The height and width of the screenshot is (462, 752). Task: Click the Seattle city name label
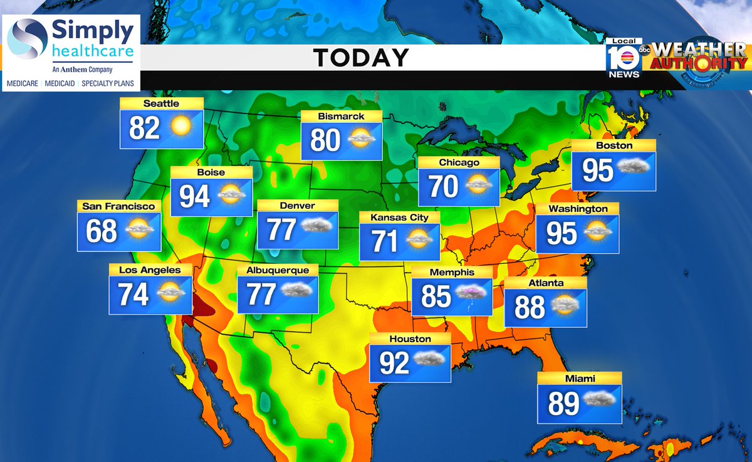161,103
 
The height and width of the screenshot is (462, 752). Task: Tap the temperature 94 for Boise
194,197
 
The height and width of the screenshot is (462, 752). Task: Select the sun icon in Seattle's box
180,127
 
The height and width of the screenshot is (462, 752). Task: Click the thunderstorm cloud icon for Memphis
471,293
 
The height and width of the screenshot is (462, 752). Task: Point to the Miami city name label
579,379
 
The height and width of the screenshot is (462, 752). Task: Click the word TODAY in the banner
361,58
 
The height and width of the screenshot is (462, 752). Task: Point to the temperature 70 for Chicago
443,187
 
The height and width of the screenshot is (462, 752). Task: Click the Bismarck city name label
341,117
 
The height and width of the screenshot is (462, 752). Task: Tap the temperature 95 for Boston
597,170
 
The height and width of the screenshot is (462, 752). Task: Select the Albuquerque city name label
277,270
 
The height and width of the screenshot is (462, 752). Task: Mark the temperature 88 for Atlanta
530,308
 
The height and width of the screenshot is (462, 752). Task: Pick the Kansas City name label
399,218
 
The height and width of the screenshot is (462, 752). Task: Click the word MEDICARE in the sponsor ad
23,83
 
